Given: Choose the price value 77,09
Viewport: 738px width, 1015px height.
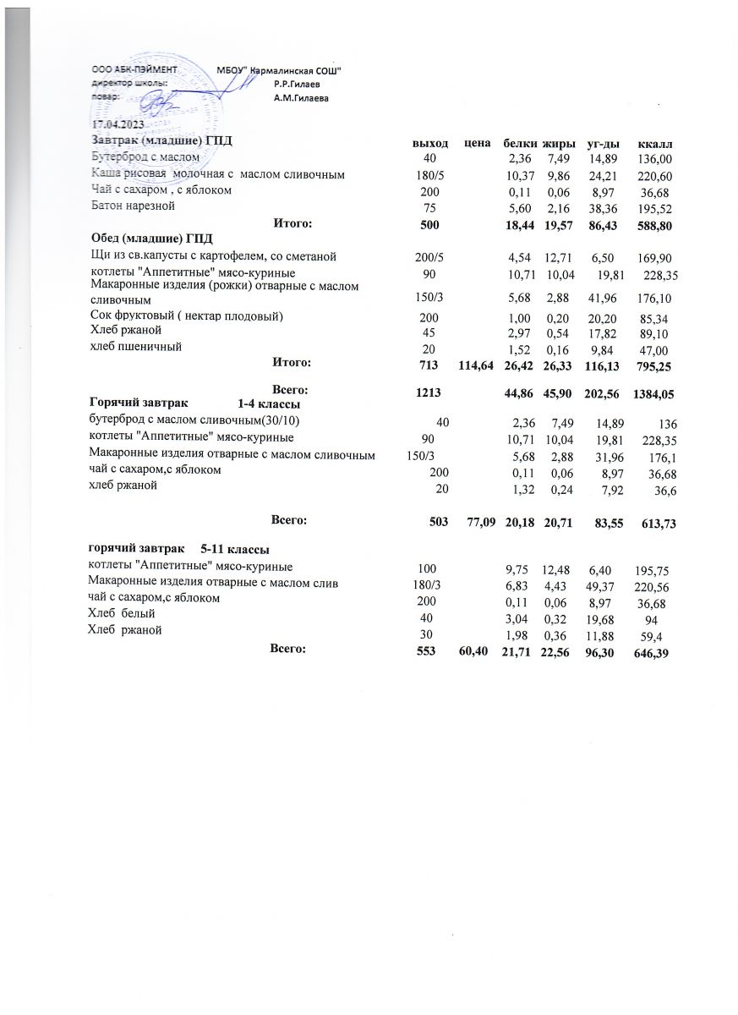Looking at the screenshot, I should pos(478,524).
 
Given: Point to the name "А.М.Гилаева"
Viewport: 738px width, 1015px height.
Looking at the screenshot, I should pos(301,98).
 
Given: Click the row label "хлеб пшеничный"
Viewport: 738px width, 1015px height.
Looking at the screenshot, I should pos(136,347).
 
